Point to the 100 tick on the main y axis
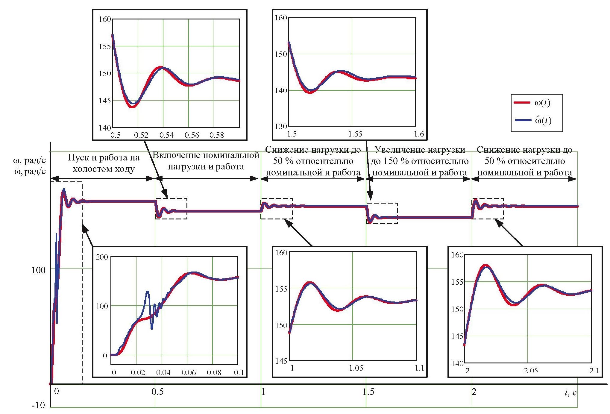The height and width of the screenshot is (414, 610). (38, 270)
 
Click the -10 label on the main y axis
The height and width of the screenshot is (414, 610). (38, 405)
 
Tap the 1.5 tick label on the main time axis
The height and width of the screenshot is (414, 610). (368, 392)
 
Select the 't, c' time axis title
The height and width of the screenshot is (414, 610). (570, 392)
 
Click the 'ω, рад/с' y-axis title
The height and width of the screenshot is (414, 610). (29, 160)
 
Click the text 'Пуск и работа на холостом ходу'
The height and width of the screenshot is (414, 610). (104, 163)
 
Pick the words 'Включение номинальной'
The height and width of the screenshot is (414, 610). (206, 155)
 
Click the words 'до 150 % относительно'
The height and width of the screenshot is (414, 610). (419, 161)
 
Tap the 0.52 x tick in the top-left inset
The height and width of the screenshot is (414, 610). (141, 135)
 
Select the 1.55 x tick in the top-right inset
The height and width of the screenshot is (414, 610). (355, 134)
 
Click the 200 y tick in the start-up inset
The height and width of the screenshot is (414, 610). (102, 257)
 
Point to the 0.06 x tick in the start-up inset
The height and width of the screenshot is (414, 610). (189, 372)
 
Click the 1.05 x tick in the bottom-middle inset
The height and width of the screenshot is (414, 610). (356, 368)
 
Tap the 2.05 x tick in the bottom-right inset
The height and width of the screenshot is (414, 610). (531, 371)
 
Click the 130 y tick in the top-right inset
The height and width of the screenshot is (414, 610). (281, 126)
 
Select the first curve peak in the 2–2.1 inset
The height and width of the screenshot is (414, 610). (485, 266)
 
